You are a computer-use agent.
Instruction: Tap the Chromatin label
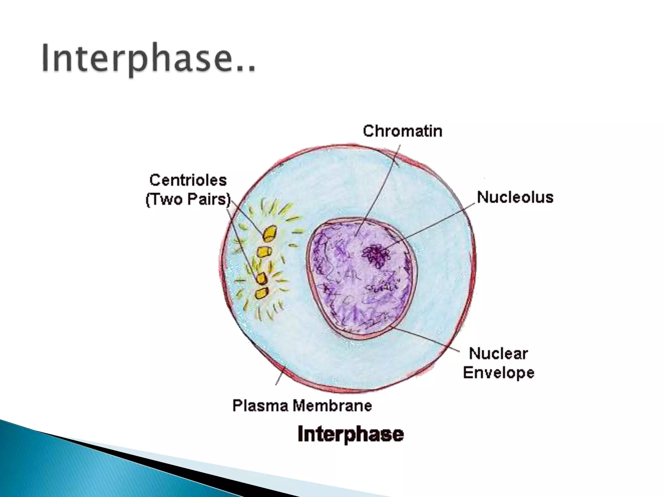click(x=402, y=131)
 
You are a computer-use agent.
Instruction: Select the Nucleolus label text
click(x=515, y=197)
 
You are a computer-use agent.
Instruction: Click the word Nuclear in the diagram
click(x=498, y=353)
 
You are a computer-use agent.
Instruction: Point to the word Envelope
click(x=498, y=372)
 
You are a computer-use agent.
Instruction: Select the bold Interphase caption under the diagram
click(x=351, y=434)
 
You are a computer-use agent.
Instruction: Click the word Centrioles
click(x=188, y=180)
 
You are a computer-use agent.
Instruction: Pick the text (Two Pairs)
click(x=188, y=199)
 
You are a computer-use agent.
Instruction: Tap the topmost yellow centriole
click(x=270, y=234)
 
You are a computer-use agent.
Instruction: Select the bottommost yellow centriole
click(x=261, y=293)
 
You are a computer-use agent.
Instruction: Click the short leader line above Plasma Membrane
click(x=280, y=375)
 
